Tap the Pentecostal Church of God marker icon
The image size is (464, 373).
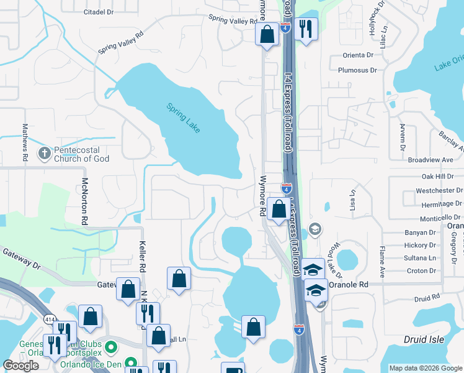pyautogui.click(x=44, y=152)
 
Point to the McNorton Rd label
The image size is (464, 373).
pyautogui.click(x=85, y=201)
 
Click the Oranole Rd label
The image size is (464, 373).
pyautogui.click(x=349, y=284)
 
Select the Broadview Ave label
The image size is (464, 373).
pyautogui.click(x=431, y=160)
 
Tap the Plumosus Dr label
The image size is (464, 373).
pyautogui.click(x=357, y=70)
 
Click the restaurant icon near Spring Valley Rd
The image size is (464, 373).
pyautogui.click(x=306, y=29)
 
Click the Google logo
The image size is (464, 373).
pyautogui.click(x=20, y=366)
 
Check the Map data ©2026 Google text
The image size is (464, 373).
pyautogui.click(x=426, y=368)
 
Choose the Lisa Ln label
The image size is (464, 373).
pyautogui.click(x=352, y=200)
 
